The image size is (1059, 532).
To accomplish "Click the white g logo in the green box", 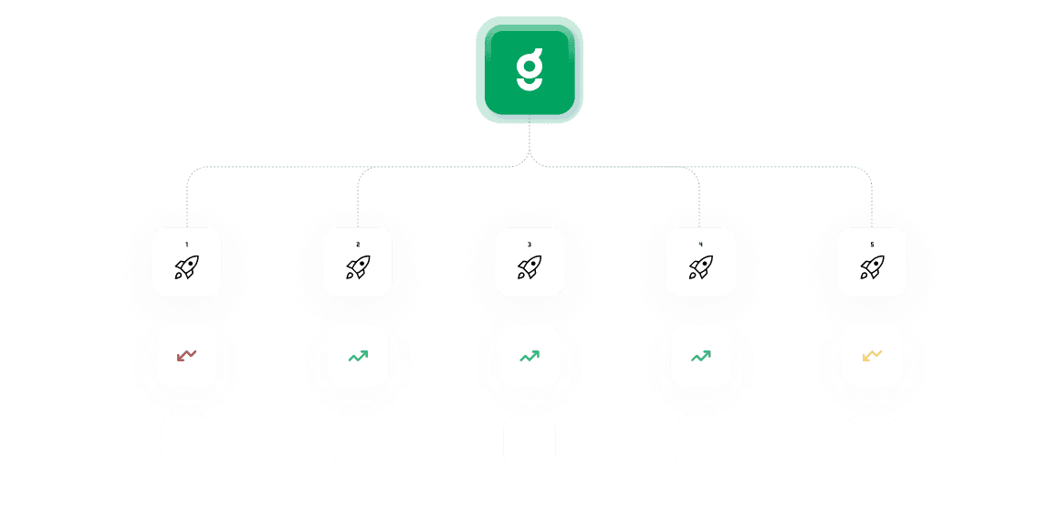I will point(529,70).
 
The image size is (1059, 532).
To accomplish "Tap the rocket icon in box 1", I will point(186,267).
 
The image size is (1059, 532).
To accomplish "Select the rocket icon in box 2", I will point(358,267).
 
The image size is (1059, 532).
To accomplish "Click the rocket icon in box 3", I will point(529,267).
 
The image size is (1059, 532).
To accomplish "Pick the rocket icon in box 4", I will point(700,267).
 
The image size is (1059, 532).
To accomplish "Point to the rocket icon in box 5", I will point(872,267).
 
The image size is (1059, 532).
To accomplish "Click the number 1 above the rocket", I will point(186,245).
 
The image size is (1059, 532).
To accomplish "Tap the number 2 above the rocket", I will point(358,245).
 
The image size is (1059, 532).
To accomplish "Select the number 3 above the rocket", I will point(529,245).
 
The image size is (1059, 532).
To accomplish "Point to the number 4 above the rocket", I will point(700,245).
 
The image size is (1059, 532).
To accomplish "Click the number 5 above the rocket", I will point(872,245).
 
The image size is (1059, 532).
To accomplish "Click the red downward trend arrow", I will point(186,355).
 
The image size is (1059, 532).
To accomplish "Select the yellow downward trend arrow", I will point(872,355).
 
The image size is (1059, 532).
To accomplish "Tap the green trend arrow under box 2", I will point(358,355).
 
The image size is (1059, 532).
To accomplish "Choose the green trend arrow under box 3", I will point(529,355).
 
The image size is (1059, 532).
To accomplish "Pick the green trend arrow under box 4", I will point(700,355).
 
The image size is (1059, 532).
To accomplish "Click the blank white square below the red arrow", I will point(186,442).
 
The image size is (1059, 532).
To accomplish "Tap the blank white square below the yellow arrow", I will point(872,442).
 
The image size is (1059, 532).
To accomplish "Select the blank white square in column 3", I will point(529,442).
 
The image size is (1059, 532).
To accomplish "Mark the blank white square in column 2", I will point(358,442).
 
